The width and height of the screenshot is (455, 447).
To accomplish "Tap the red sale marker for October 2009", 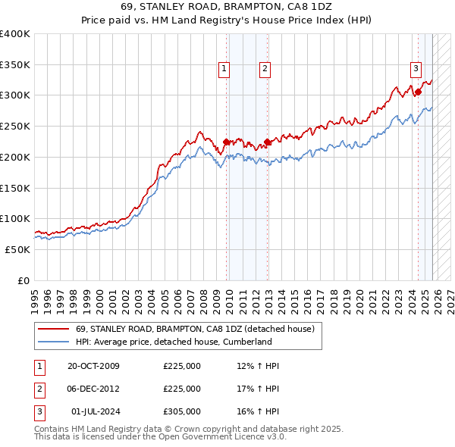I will tap(227, 141).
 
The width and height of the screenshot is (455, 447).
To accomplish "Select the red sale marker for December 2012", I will tap(268, 141).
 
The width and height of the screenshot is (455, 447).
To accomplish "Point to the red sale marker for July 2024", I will tap(418, 92).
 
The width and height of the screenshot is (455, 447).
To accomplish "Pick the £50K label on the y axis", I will tap(18, 249).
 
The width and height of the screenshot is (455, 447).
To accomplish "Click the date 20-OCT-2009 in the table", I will tap(93, 367).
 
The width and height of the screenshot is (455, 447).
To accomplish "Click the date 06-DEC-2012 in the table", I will tap(93, 389).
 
